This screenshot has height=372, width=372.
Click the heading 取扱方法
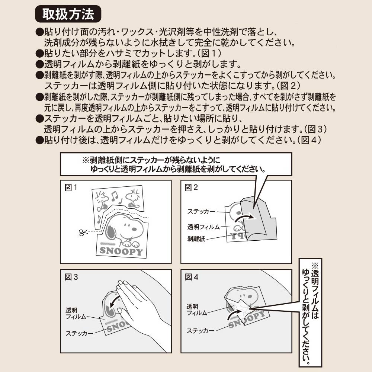[68, 14]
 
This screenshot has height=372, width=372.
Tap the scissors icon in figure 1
[83, 232]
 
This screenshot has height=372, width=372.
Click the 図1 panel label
[71, 187]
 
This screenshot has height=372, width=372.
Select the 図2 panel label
[191, 187]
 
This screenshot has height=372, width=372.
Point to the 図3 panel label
[71, 277]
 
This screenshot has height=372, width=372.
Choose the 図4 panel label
[192, 277]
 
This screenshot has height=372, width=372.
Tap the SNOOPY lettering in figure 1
[122, 251]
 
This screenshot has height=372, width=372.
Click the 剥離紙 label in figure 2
[196, 239]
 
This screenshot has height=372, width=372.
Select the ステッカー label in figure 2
[201, 211]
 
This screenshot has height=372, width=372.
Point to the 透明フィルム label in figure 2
[203, 227]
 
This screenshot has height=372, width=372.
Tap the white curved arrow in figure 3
[113, 301]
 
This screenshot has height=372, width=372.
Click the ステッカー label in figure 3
[80, 333]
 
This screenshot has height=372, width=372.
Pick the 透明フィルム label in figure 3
[76, 313]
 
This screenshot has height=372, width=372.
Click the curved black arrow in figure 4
[234, 313]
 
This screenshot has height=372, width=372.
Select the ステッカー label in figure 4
[200, 330]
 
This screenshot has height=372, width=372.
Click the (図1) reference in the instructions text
[209, 53]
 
